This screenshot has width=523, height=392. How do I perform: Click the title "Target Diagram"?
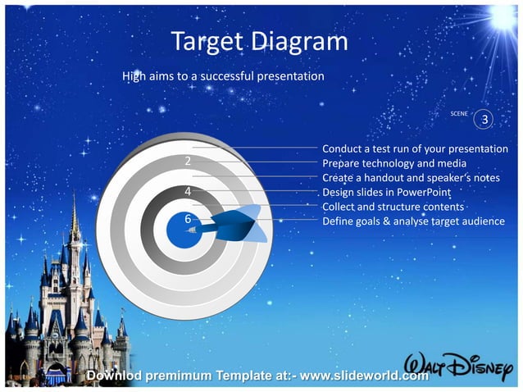tap(260, 42)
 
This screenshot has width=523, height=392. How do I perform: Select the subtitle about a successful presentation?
tap(223, 76)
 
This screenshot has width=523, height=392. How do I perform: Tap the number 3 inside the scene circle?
tap(485, 121)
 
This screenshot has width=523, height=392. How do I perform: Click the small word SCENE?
tap(460, 112)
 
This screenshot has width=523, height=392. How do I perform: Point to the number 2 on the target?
tap(189, 161)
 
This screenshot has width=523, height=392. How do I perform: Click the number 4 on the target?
tap(189, 192)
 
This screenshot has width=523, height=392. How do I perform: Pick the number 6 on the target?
tap(188, 219)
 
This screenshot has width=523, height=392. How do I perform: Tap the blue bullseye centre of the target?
tap(184, 229)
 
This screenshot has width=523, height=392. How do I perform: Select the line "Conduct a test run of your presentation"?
tap(415, 149)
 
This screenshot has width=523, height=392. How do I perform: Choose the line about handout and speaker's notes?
tap(411, 178)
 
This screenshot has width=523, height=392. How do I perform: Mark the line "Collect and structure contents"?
tap(393, 207)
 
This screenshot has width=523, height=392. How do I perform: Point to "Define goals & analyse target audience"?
tap(413, 221)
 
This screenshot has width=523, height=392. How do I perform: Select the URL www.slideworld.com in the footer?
tap(365, 376)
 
